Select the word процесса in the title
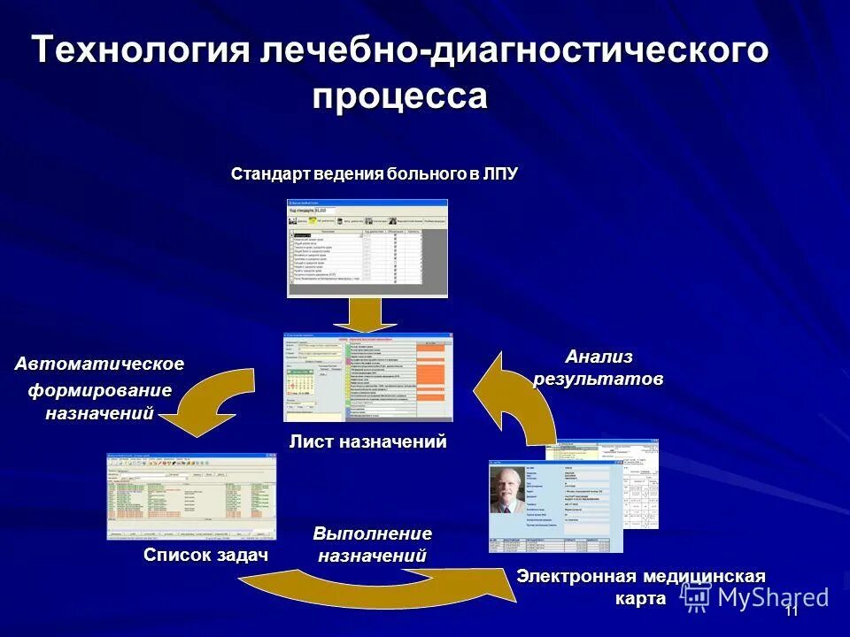pos(399,96)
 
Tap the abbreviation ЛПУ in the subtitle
pos(499,173)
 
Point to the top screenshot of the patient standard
pos(367,248)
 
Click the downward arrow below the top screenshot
pos(364,314)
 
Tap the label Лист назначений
pos(367,441)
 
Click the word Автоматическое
pos(99,364)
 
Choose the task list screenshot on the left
pos(191,496)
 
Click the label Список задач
pos(205,555)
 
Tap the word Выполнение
pos(372,533)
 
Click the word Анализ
pos(599,357)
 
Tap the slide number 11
pos(791,610)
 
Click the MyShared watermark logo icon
pos(696,597)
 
